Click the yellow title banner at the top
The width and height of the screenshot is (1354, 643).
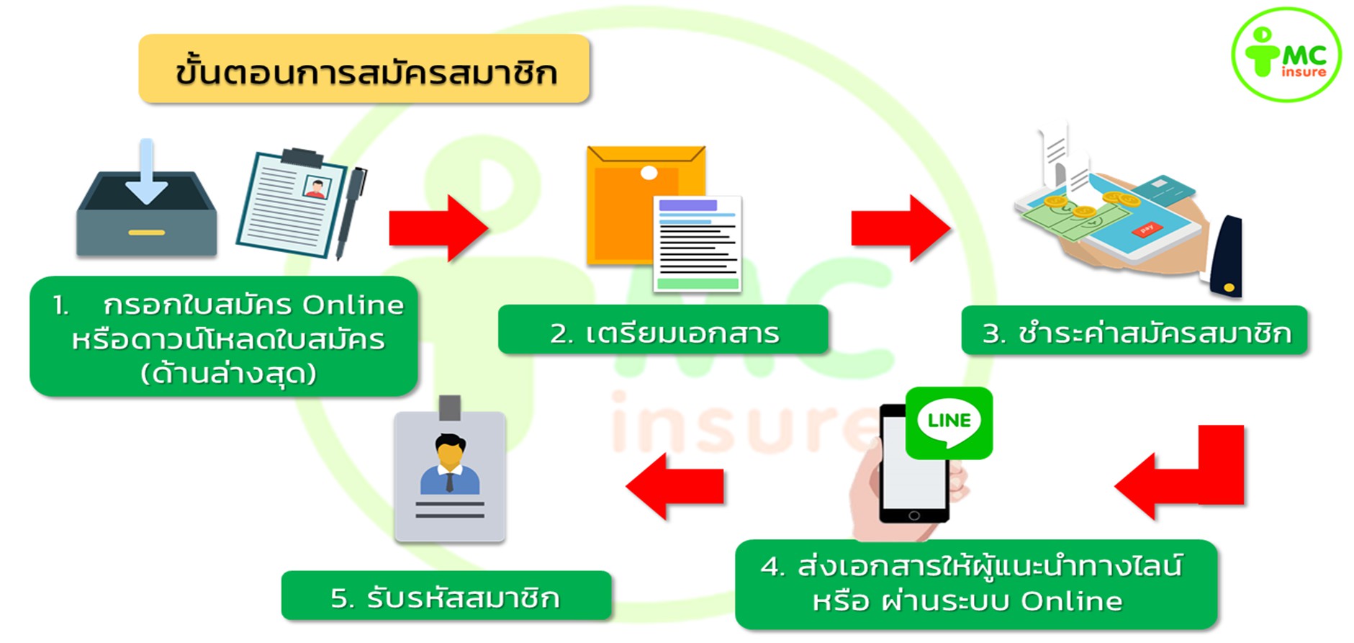(364, 70)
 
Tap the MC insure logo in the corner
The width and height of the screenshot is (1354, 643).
(1286, 55)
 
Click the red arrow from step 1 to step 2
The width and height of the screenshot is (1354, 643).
(438, 228)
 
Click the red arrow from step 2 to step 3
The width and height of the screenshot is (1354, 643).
(901, 228)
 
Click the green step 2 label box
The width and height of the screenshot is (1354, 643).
(663, 331)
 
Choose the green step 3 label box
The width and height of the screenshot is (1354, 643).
(1134, 331)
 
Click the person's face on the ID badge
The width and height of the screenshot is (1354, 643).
(450, 454)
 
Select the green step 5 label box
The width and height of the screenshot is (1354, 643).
(446, 596)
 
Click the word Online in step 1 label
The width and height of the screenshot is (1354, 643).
(353, 305)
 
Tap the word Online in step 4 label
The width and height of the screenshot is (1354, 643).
(1071, 601)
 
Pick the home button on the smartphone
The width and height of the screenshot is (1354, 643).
(913, 516)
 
